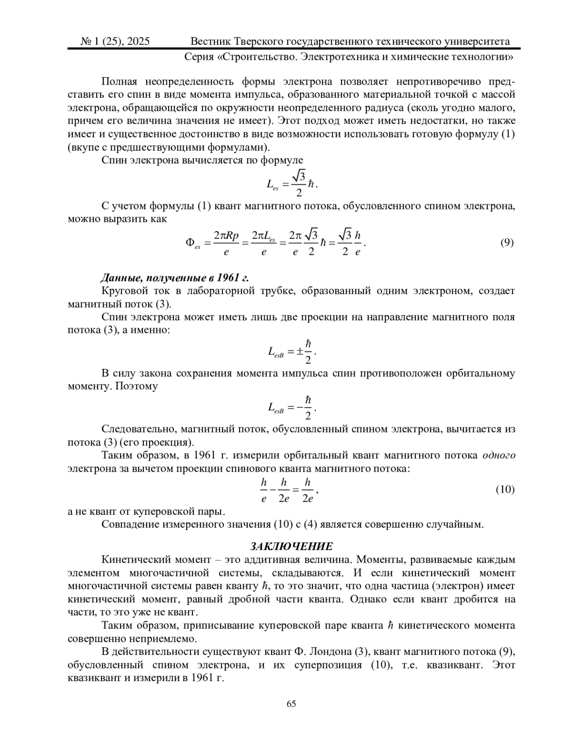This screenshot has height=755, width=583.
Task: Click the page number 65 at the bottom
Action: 291,704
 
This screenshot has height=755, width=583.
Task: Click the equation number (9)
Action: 507,242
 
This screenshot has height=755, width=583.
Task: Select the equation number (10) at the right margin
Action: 505,489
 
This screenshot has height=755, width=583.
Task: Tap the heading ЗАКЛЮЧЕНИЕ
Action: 291,546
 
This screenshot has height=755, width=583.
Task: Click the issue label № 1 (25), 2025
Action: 115,41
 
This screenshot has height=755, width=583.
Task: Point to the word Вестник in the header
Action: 210,41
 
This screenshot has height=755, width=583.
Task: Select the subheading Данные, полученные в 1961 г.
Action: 174,278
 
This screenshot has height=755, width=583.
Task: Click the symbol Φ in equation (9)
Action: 190,242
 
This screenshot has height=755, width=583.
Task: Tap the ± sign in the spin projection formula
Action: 300,351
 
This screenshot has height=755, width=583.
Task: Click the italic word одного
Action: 499,456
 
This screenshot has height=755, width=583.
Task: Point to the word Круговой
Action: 123,291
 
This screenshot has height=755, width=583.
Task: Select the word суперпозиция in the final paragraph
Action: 328,665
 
